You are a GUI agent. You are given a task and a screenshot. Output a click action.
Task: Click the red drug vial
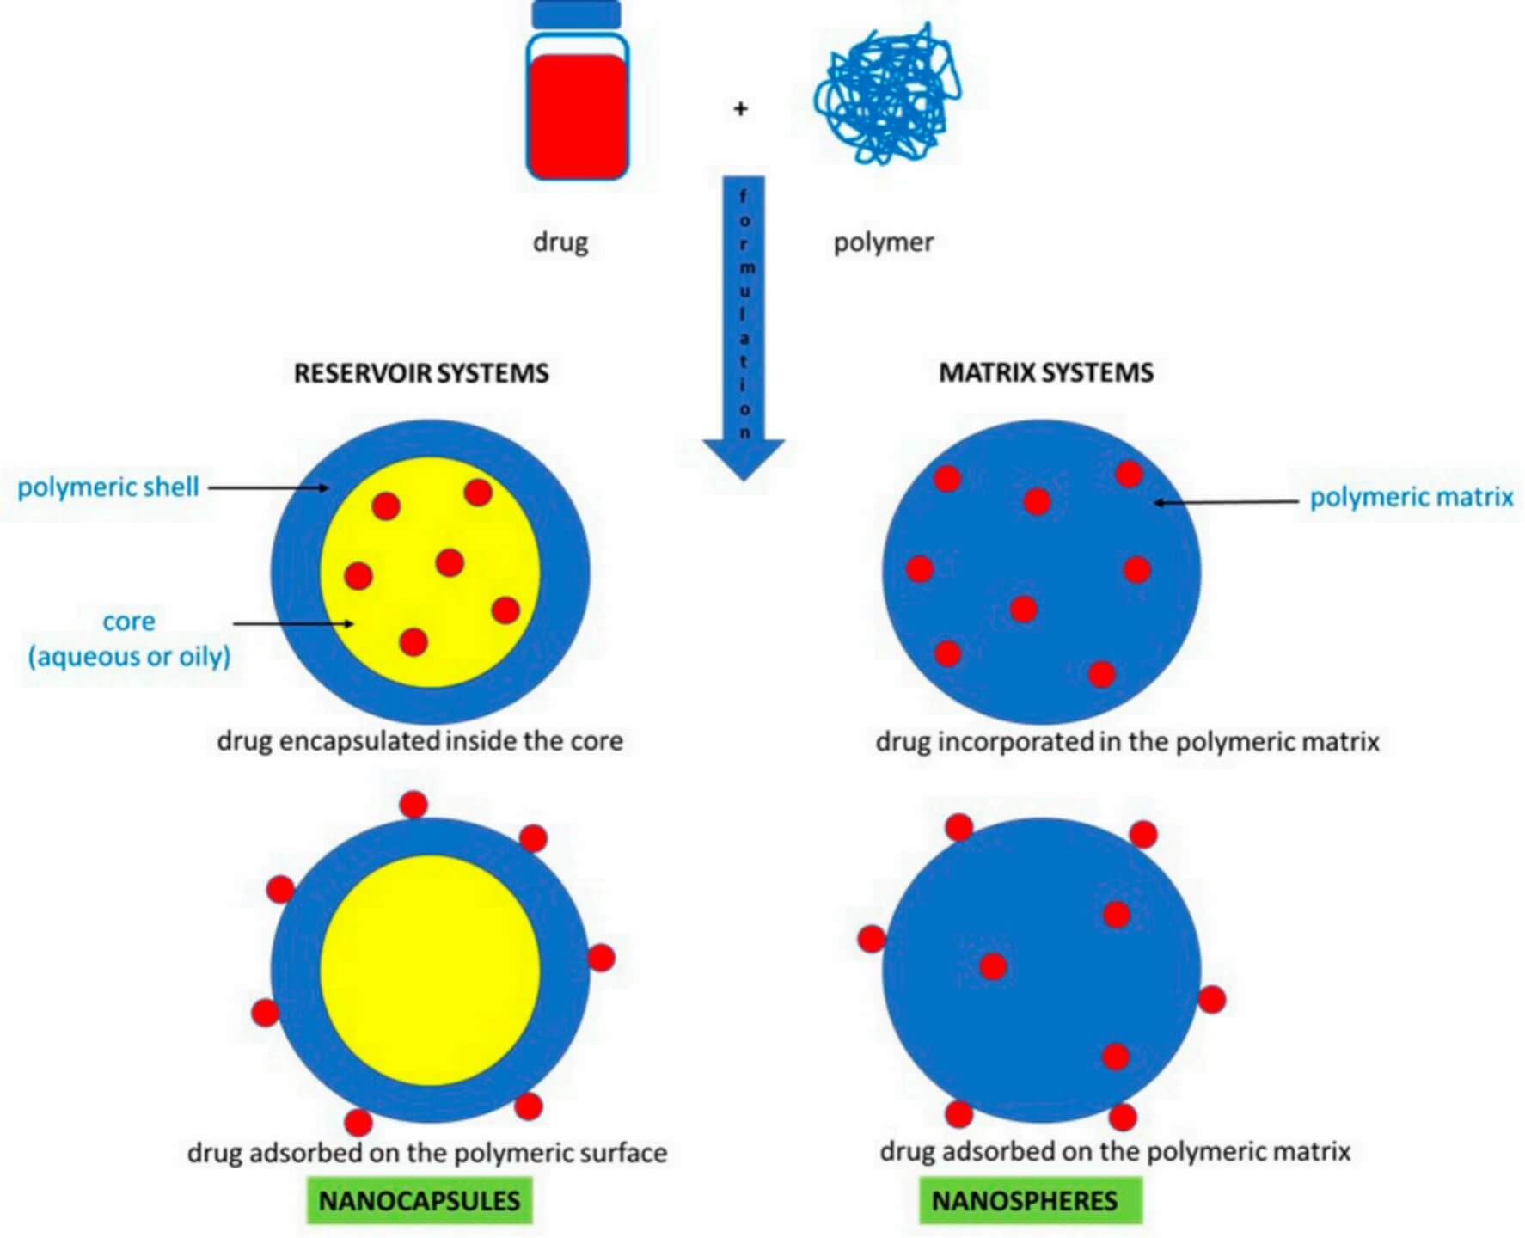(x=577, y=112)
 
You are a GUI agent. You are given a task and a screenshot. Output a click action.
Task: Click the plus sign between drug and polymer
(x=740, y=109)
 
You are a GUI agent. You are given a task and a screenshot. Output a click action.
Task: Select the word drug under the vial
(x=560, y=242)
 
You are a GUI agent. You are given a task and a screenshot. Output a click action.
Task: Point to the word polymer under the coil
(x=883, y=242)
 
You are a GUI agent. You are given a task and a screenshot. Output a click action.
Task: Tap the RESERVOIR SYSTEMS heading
(x=421, y=373)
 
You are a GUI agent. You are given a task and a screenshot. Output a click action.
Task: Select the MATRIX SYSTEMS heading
(x=1045, y=372)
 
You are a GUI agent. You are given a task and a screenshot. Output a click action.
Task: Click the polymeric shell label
(x=108, y=487)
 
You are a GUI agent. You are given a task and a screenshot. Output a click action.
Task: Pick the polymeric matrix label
(x=1411, y=497)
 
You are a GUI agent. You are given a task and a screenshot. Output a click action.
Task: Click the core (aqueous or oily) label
(x=129, y=639)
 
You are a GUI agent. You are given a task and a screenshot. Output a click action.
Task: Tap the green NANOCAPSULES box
(x=420, y=1200)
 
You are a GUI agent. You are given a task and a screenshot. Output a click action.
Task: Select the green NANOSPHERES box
(x=1030, y=1200)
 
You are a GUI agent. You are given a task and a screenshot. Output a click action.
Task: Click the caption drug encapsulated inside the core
(x=420, y=741)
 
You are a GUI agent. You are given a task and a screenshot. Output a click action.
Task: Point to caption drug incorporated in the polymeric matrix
(x=1127, y=742)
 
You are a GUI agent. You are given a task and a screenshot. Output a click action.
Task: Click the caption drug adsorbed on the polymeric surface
(x=427, y=1153)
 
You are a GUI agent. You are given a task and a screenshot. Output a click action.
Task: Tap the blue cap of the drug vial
(x=576, y=15)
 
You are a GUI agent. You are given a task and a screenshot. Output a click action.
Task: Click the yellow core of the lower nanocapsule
(x=430, y=970)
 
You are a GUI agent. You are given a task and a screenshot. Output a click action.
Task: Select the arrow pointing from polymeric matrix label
(x=1226, y=501)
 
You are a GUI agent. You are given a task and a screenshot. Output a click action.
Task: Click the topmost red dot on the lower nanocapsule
(x=413, y=805)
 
